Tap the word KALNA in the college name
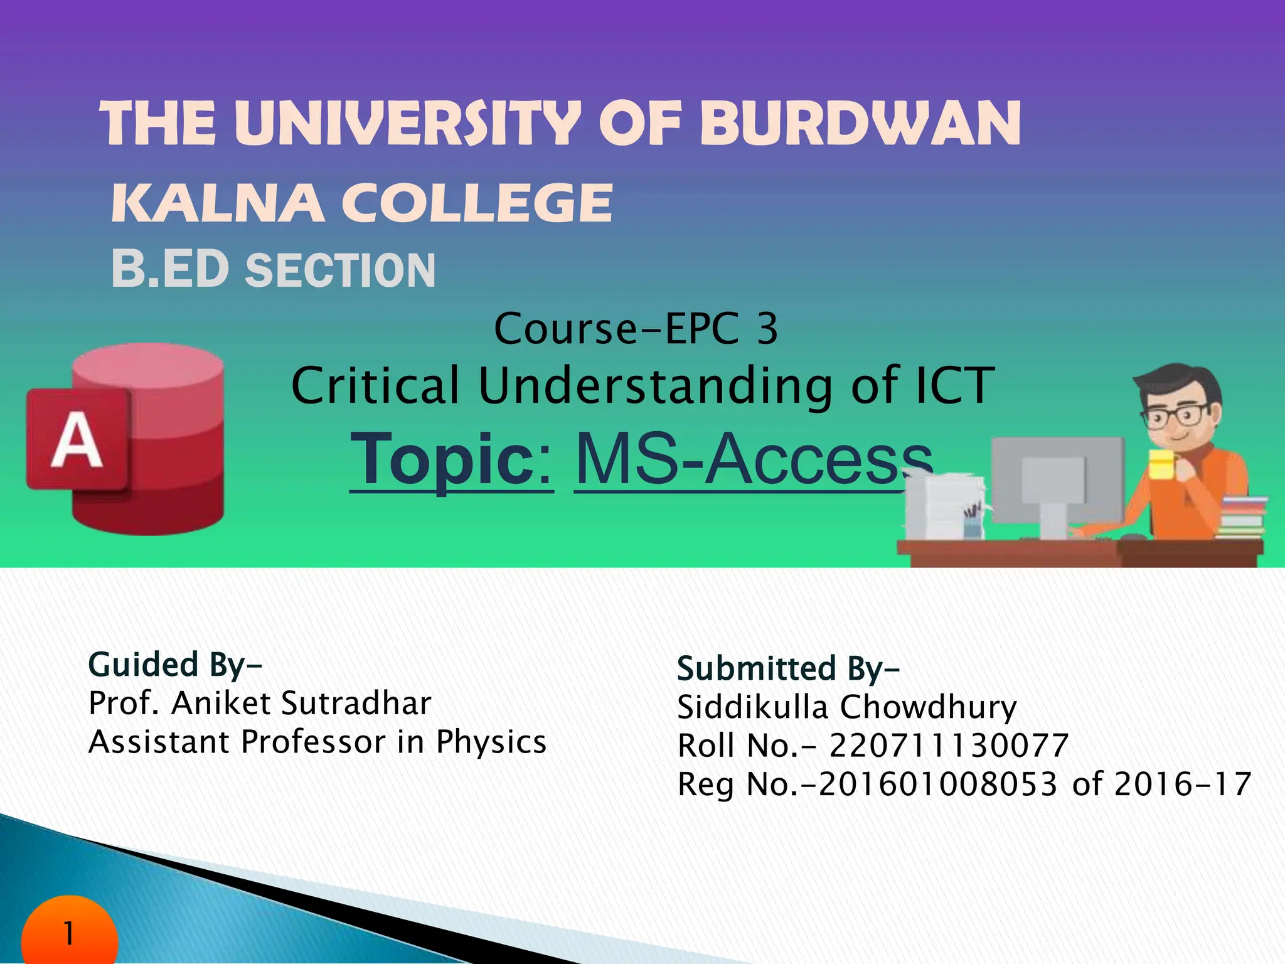pyautogui.click(x=218, y=203)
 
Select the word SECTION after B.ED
pyautogui.click(x=340, y=270)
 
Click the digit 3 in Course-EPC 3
pyautogui.click(x=767, y=329)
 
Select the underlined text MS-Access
pyautogui.click(x=753, y=460)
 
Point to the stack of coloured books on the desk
pyautogui.click(x=1242, y=517)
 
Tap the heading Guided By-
pyautogui.click(x=175, y=665)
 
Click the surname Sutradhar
pyautogui.click(x=356, y=703)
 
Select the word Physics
pyautogui.click(x=491, y=742)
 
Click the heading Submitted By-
pyautogui.click(x=788, y=668)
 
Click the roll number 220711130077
pyautogui.click(x=949, y=746)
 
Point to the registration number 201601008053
pyautogui.click(x=938, y=785)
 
